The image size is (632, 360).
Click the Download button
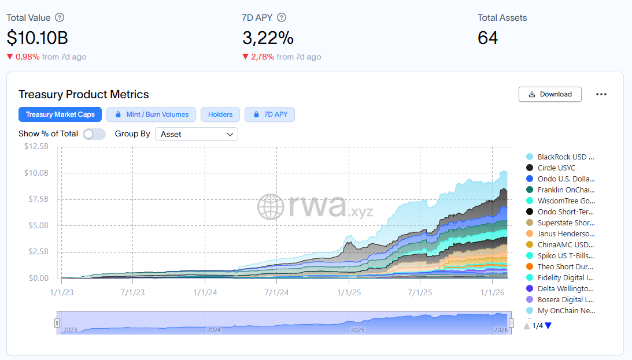(x=550, y=94)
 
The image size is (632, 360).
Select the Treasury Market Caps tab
(x=60, y=114)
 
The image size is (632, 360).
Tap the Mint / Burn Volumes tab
(x=151, y=114)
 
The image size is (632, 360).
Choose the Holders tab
(x=220, y=114)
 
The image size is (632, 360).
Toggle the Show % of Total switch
(x=94, y=134)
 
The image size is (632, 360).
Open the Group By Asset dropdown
(x=197, y=134)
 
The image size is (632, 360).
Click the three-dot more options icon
(x=601, y=94)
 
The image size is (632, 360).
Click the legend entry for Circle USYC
(x=556, y=168)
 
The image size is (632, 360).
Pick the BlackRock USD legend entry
(x=565, y=157)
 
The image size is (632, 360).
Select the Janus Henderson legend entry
(x=565, y=234)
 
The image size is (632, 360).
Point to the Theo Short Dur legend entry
(x=565, y=266)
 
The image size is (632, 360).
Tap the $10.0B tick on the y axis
(x=36, y=173)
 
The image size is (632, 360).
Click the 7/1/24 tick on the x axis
(x=276, y=292)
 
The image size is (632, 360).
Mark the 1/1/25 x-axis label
(x=348, y=292)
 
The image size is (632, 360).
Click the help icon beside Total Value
(x=60, y=18)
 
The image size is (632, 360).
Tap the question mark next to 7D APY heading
(x=282, y=18)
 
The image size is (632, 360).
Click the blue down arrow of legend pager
(x=548, y=326)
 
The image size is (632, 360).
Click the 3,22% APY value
(x=268, y=38)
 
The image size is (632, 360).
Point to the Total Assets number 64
(x=487, y=38)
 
